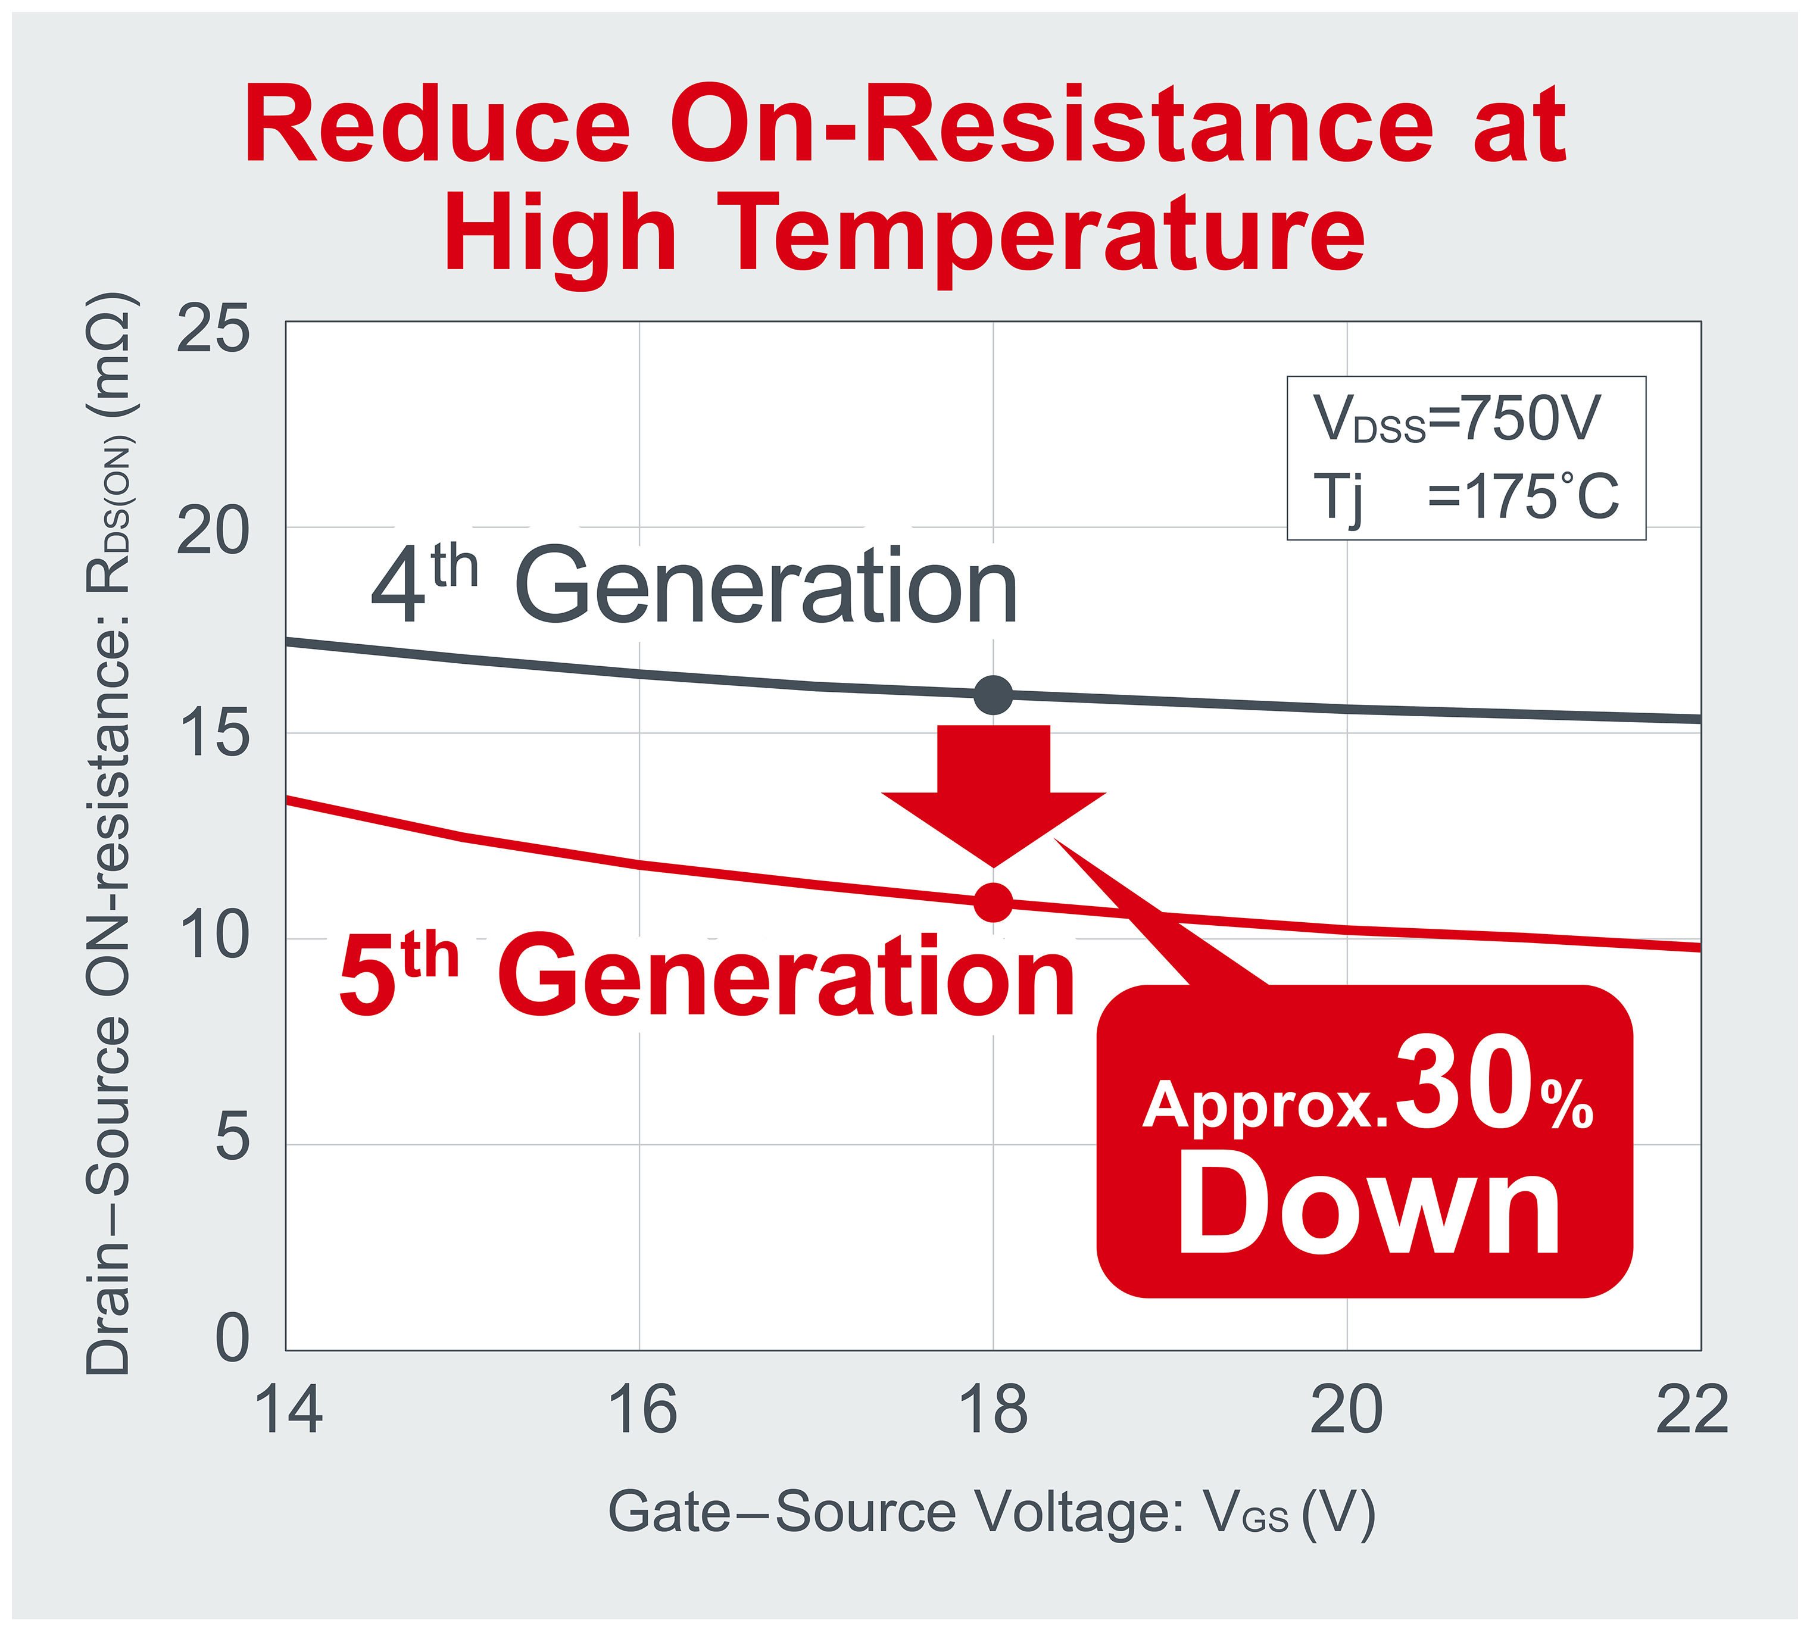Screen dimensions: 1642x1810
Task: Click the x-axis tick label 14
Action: pos(288,1410)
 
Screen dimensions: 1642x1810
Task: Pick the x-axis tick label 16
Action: pos(641,1410)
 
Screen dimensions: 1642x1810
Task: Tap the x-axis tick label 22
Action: pos(1692,1410)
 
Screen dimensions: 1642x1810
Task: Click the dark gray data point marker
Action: pos(993,695)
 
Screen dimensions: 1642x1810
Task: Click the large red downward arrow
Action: pos(993,790)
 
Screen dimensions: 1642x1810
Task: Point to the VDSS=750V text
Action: pos(1456,419)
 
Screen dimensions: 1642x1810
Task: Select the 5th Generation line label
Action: pos(707,976)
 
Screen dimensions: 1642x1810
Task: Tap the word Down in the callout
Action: pos(1370,1205)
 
